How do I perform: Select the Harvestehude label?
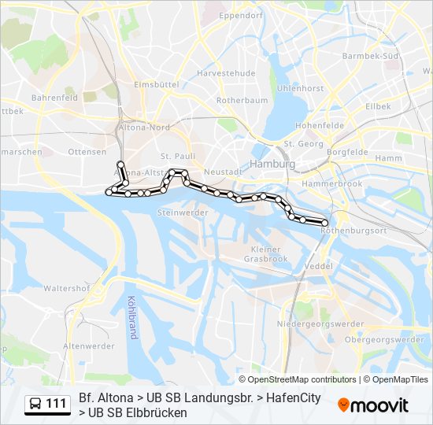(x=226, y=72)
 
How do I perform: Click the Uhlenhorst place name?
(x=300, y=89)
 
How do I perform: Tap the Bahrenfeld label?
(x=54, y=98)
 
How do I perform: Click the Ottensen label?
(x=87, y=151)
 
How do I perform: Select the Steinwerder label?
(x=183, y=213)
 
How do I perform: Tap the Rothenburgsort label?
(x=353, y=231)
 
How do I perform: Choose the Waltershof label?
(x=66, y=288)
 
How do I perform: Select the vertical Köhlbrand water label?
(x=131, y=317)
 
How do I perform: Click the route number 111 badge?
(x=47, y=404)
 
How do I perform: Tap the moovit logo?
(x=373, y=405)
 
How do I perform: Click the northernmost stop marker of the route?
(x=120, y=164)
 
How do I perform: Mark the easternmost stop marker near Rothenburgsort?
(x=324, y=224)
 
